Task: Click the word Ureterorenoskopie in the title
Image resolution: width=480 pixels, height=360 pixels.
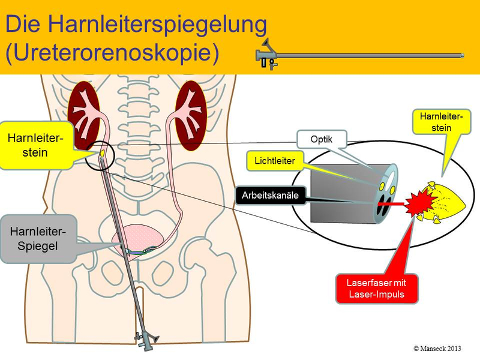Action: (112, 52)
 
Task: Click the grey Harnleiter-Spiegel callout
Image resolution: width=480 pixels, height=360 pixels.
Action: (38, 238)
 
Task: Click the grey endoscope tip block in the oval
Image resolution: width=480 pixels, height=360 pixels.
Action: (338, 192)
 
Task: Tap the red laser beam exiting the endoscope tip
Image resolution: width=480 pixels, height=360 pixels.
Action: (395, 203)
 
